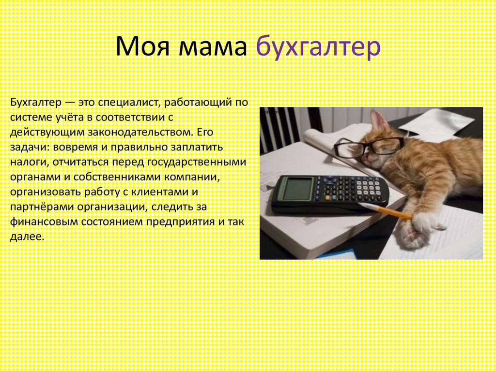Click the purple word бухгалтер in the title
[318, 47]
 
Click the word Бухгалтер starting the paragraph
[36, 103]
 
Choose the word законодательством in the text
[139, 132]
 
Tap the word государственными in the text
[197, 162]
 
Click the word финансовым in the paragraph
[44, 222]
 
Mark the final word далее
[27, 237]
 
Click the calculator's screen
[297, 188]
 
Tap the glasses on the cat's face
[369, 146]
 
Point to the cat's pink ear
[379, 122]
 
